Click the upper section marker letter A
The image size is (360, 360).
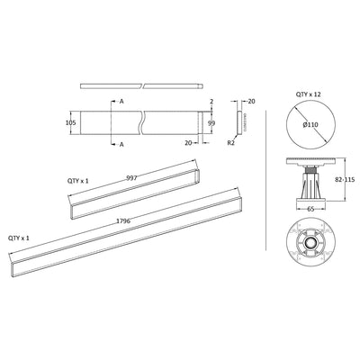[x=121, y=102]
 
